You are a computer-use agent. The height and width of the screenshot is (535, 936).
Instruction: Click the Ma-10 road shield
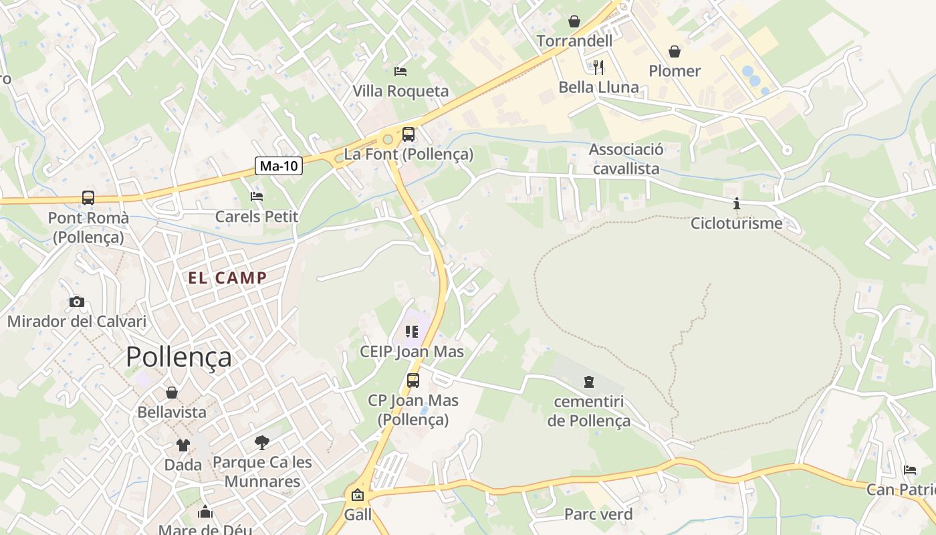[279, 166]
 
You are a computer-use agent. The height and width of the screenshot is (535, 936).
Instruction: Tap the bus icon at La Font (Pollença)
[408, 134]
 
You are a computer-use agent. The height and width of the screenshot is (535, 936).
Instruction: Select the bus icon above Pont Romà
[88, 198]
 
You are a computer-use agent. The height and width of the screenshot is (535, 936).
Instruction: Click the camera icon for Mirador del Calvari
[77, 302]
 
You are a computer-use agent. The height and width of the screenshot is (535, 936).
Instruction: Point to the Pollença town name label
[179, 357]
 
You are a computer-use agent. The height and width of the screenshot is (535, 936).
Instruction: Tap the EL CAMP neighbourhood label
[227, 278]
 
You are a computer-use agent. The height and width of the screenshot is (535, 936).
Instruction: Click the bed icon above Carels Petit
[257, 197]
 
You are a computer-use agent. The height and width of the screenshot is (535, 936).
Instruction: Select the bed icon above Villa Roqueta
[400, 71]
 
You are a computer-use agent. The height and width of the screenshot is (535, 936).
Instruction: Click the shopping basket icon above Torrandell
[574, 22]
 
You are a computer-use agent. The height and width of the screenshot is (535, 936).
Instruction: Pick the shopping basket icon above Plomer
[675, 51]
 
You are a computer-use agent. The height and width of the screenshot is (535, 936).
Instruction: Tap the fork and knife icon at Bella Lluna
[598, 68]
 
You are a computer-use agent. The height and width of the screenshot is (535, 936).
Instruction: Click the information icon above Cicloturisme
[736, 204]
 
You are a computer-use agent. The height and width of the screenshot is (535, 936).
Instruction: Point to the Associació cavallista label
[626, 159]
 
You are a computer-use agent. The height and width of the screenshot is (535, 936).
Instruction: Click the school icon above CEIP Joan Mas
[411, 331]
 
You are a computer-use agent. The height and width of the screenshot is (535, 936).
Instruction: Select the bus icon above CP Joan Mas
[413, 381]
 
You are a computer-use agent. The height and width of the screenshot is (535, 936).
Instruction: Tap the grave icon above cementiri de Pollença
[588, 382]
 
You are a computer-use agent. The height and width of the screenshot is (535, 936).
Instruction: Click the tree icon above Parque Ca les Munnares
[262, 442]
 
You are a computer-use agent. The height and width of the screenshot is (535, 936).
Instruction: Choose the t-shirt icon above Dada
[183, 445]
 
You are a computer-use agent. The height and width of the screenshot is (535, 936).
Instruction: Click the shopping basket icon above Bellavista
[172, 393]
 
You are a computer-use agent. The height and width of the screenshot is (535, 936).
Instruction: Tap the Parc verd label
[598, 514]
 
